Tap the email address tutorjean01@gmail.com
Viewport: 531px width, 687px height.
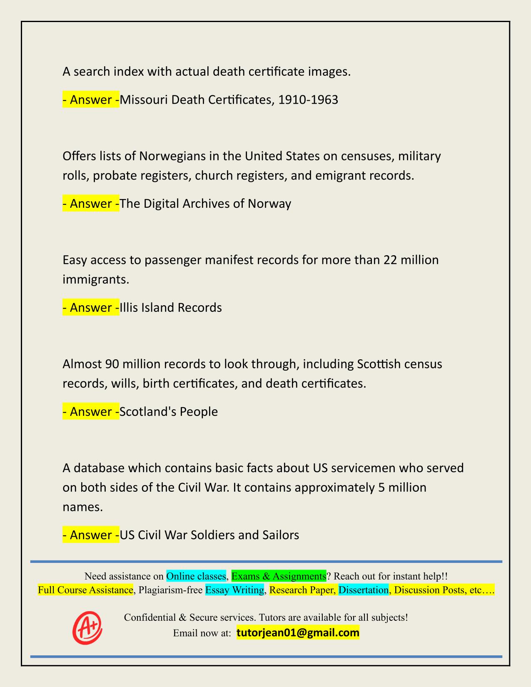click(298, 633)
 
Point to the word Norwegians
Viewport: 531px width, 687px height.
click(172, 156)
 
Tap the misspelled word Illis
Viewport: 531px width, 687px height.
click(129, 308)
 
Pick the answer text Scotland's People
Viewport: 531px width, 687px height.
click(169, 412)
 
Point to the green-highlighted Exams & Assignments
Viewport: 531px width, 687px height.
click(279, 576)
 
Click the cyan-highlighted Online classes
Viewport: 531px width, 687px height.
click(196, 576)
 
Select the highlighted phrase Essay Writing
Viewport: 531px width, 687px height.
click(235, 590)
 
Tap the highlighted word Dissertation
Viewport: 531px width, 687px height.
click(363, 590)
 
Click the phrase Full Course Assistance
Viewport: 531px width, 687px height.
click(85, 590)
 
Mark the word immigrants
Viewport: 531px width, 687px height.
click(96, 279)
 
